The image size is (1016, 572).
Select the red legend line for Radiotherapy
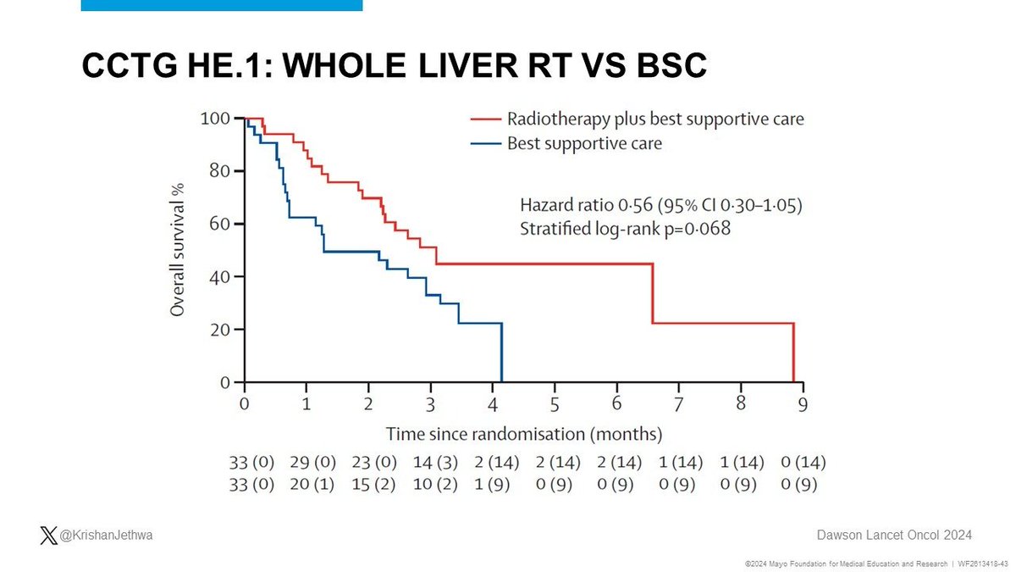486,119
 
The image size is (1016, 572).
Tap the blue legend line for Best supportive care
486,144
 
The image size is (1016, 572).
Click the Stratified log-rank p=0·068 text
623,229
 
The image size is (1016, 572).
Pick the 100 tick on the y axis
215,119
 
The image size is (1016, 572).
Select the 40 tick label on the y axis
219,277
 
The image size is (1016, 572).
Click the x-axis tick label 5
554,404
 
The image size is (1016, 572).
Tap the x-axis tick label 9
802,404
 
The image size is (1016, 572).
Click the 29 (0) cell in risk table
314,464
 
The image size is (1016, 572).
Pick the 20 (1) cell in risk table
314,486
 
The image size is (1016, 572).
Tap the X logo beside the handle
47,535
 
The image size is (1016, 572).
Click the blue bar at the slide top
222,5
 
